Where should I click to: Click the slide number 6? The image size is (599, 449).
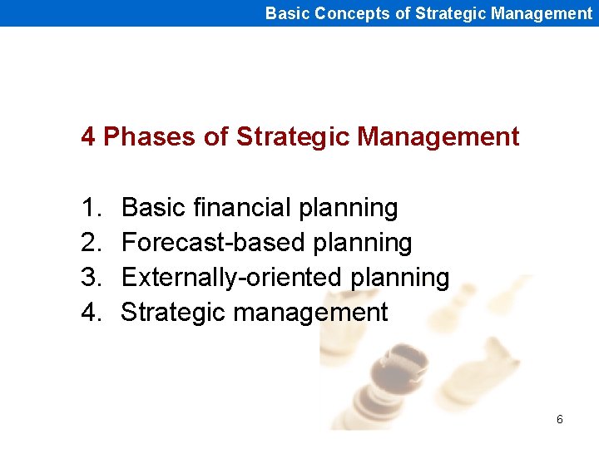pos(559,420)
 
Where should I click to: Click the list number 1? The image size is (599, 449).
pos(90,207)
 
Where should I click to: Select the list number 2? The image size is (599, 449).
pos(90,243)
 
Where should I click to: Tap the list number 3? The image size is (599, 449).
pos(90,278)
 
